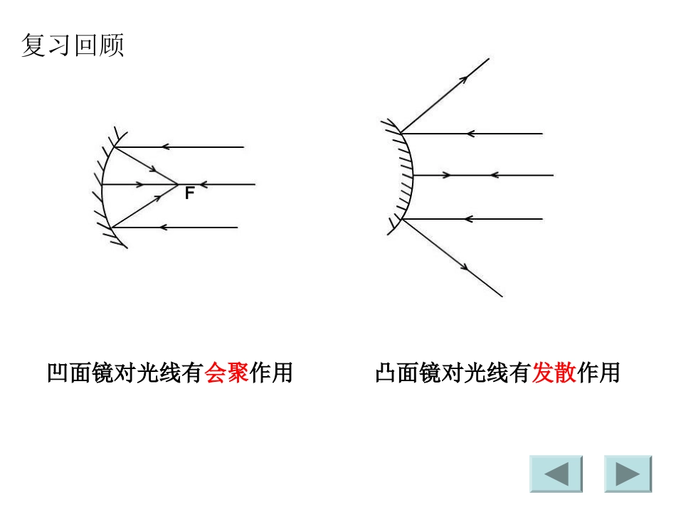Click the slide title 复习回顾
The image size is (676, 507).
73,45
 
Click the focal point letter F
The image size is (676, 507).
189,193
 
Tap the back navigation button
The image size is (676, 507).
556,474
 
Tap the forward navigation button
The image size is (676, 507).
628,474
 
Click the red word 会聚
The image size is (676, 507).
226,373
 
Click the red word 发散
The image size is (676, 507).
554,373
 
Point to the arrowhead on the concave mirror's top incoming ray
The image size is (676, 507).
164,147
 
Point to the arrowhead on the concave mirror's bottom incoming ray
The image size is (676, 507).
164,228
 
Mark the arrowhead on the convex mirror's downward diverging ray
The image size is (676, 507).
465,267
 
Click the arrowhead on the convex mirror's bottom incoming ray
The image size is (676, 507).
468,218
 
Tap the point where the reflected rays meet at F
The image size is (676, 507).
177,185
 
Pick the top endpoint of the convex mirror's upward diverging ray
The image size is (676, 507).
489,58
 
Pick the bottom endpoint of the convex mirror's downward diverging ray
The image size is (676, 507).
502,296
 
